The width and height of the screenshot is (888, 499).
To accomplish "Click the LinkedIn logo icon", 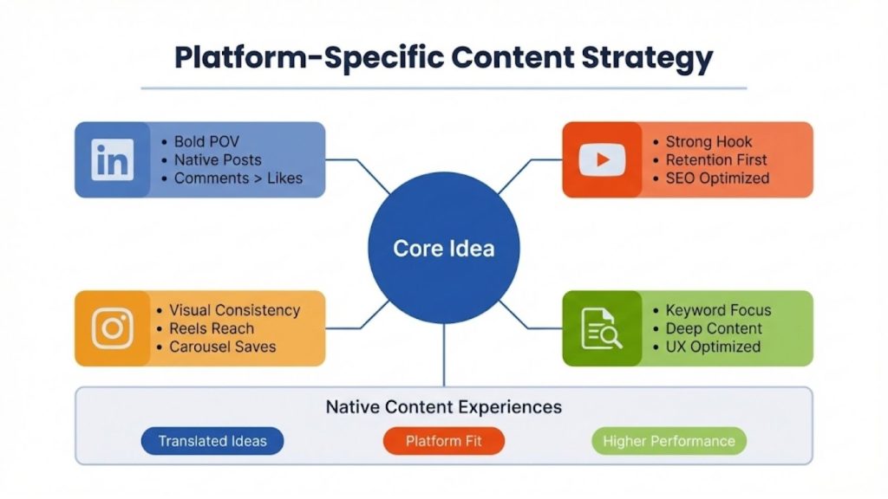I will pyautogui.click(x=112, y=159).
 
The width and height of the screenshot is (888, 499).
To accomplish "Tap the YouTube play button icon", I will pyautogui.click(x=602, y=159).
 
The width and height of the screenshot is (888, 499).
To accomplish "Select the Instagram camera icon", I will pyautogui.click(x=112, y=328).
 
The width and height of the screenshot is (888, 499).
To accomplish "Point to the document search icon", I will pyautogui.click(x=601, y=328).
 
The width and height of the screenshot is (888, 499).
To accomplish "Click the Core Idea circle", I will pyautogui.click(x=443, y=249).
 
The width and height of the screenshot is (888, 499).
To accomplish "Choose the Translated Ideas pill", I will pyautogui.click(x=212, y=441).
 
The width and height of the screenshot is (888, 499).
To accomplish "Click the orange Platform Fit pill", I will pyautogui.click(x=444, y=441).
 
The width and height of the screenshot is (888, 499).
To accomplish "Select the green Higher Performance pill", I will pyautogui.click(x=668, y=441).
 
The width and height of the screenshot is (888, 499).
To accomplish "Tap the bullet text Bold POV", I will pyautogui.click(x=206, y=141).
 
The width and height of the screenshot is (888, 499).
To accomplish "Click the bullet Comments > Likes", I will pyautogui.click(x=238, y=178).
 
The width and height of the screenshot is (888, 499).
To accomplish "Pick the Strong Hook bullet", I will pyautogui.click(x=708, y=141).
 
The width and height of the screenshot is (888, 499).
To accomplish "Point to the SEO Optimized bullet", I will pyautogui.click(x=717, y=178).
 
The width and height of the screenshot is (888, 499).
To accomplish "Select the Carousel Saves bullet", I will pyautogui.click(x=222, y=347).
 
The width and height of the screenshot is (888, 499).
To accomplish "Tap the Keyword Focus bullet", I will pyautogui.click(x=718, y=310).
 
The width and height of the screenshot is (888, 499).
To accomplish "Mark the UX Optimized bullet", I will pyautogui.click(x=713, y=347).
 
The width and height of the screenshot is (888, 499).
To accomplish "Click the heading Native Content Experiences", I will pyautogui.click(x=443, y=406).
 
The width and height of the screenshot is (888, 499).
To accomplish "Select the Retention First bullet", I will pyautogui.click(x=716, y=160).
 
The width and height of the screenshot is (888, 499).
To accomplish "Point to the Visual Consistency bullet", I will pyautogui.click(x=234, y=310).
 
